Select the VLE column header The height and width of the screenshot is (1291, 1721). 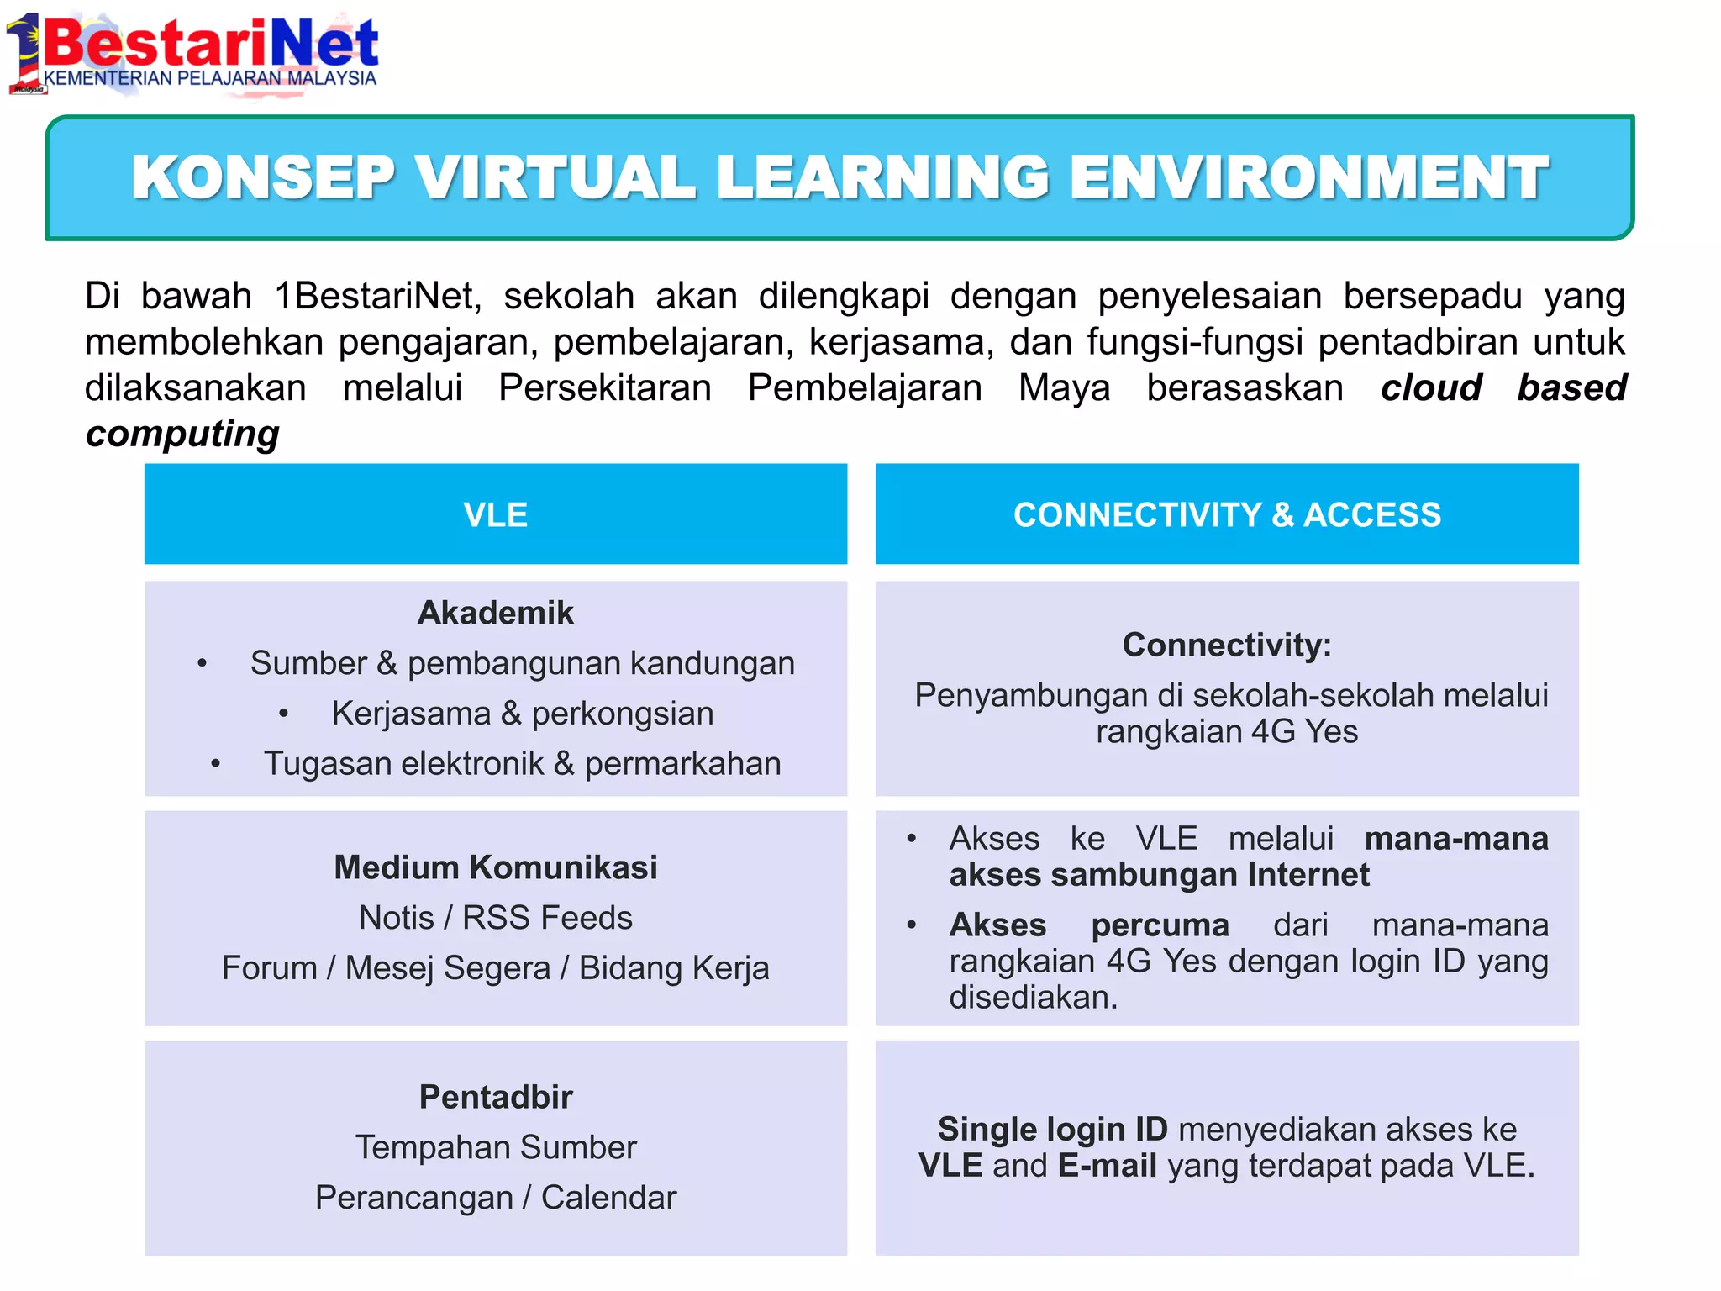(x=495, y=514)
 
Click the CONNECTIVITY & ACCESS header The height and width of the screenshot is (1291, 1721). (x=1227, y=514)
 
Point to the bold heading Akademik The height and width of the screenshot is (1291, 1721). (x=495, y=613)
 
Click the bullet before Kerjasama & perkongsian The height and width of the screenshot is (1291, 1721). (x=284, y=714)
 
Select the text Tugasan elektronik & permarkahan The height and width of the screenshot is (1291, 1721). (x=522, y=763)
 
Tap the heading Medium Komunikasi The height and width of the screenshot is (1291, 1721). (x=495, y=867)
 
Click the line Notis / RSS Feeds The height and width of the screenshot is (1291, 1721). (x=495, y=918)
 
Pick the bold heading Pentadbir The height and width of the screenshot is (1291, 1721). (x=495, y=1097)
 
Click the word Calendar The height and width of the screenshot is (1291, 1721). (x=608, y=1198)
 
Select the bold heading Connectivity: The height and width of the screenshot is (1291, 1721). (x=1227, y=645)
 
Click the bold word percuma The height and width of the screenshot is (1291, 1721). (x=1160, y=925)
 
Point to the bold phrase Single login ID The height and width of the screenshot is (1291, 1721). (x=1052, y=1129)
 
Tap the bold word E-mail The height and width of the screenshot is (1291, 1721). (x=1107, y=1166)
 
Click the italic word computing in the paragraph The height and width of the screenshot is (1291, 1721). (x=182, y=434)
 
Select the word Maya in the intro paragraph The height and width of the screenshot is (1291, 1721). (x=1064, y=388)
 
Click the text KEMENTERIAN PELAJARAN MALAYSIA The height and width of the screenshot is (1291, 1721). (x=210, y=78)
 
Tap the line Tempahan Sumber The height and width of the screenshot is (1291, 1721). (x=495, y=1147)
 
